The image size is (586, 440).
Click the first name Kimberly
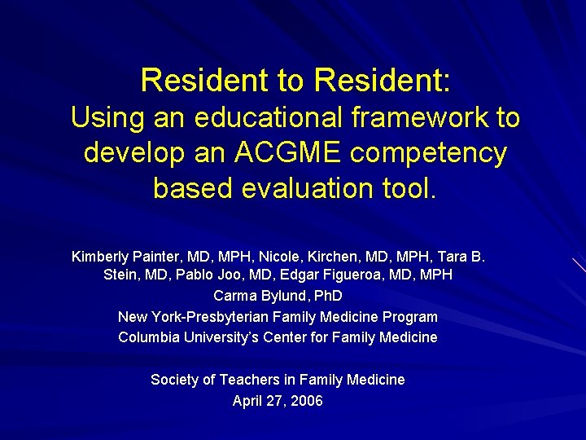(x=103, y=257)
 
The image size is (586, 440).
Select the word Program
(x=410, y=317)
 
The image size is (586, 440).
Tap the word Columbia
(x=148, y=337)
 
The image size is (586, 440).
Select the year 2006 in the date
(x=306, y=401)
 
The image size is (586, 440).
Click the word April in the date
(x=247, y=401)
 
